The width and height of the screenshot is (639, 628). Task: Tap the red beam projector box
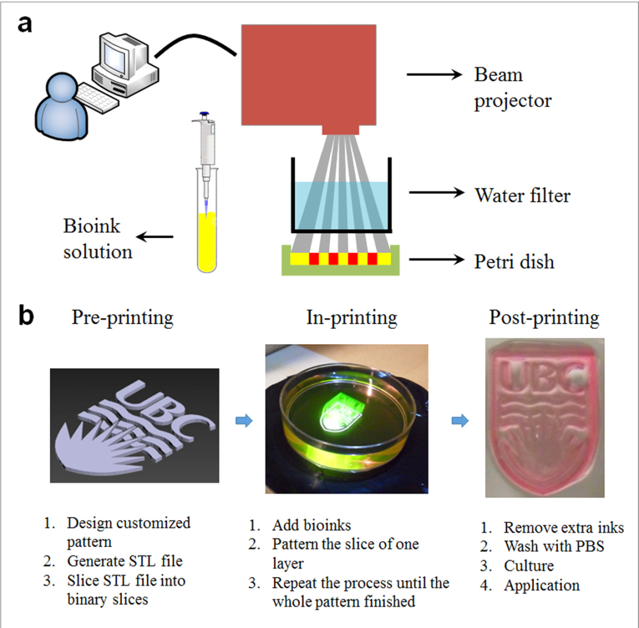pos(308,74)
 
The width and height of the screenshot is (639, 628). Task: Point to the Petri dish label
pos(514,261)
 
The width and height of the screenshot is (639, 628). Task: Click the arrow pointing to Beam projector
pos(433,75)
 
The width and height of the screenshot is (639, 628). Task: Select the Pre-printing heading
pos(122,318)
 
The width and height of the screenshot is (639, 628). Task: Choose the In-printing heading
pos(351,318)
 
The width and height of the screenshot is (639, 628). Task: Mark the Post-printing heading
pos(544,318)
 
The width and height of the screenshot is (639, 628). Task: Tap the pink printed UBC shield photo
pos(544,417)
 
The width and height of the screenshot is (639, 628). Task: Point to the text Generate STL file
pos(128,561)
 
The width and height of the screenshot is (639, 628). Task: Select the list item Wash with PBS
pos(554,546)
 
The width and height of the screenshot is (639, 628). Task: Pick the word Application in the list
pos(541,585)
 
